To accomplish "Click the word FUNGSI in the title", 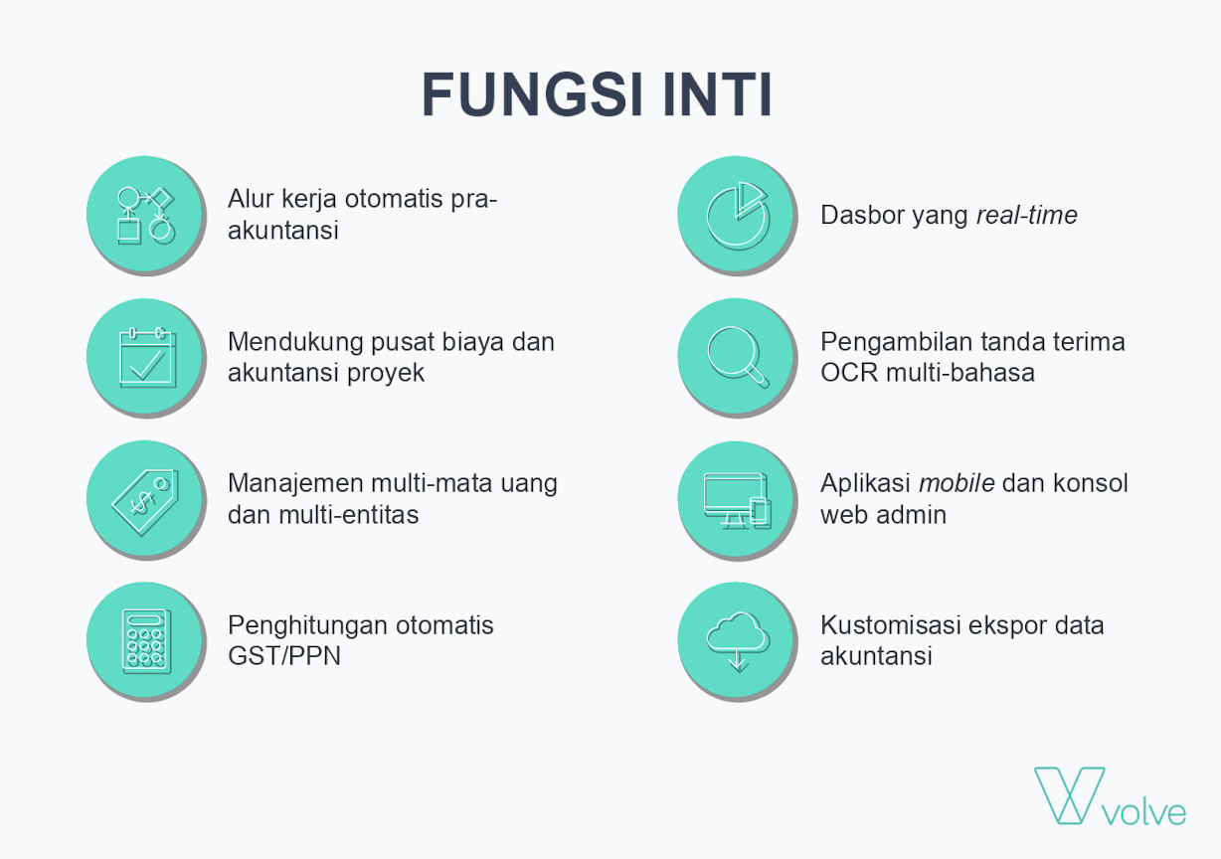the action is coord(533,94).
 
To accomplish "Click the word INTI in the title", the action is coord(717,94).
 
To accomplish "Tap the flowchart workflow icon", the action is coord(145,216).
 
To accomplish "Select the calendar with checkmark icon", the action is coord(147,358).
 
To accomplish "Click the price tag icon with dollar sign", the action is coord(145,502).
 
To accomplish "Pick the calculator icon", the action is coord(146,641).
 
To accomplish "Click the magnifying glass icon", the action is coord(738,358).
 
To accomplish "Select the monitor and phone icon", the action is coord(738,501).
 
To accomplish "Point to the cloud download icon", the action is coord(738,642).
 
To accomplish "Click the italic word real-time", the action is coord(1026,215).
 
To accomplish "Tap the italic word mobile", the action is coord(957,483).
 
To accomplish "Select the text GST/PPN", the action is coord(284,656).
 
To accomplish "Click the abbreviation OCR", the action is coord(850,373).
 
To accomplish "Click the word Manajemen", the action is coord(295,483).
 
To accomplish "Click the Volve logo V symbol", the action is coord(1070,795).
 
